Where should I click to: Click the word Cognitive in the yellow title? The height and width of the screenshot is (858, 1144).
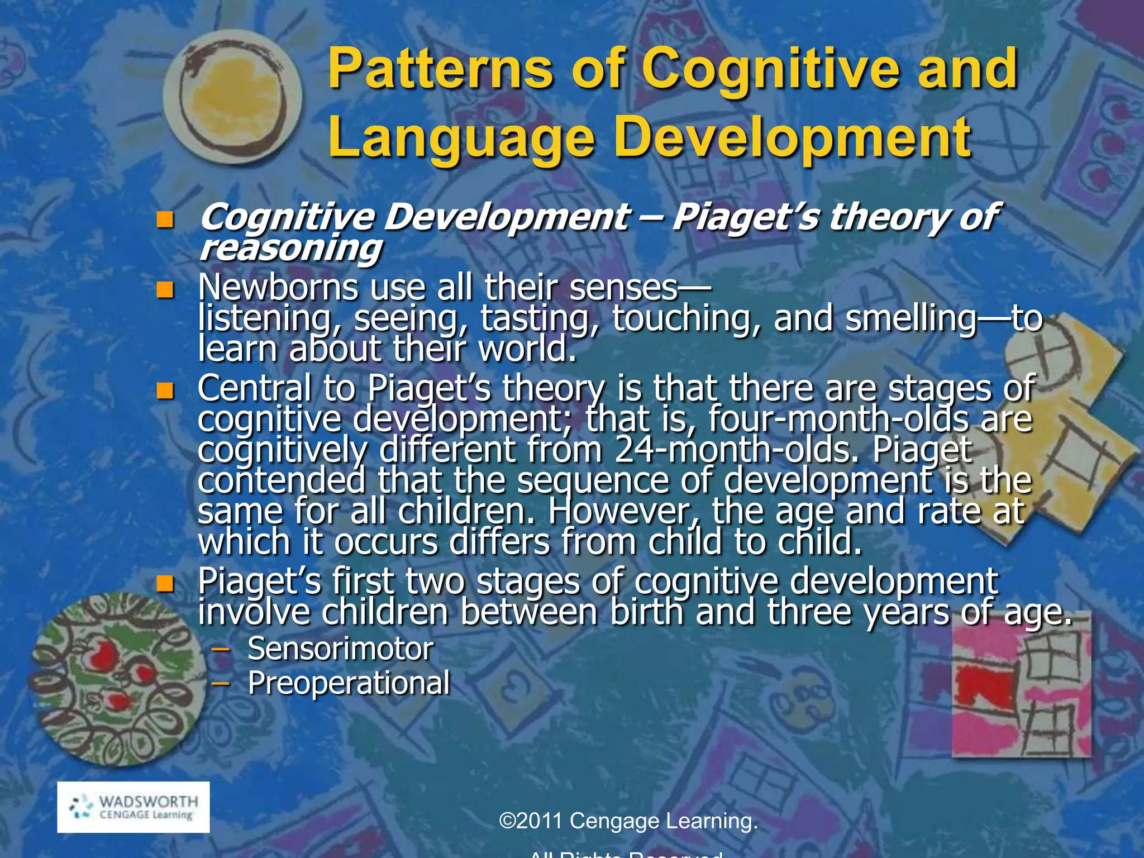click(771, 70)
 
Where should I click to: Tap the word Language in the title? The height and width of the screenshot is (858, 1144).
click(461, 138)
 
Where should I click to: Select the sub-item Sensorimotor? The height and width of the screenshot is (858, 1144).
click(340, 649)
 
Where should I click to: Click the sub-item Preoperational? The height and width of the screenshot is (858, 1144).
click(349, 683)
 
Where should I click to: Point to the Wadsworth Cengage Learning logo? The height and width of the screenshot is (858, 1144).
click(134, 807)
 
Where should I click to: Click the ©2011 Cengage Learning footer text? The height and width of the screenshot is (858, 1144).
click(628, 821)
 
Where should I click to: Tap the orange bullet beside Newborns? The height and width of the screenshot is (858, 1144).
click(165, 289)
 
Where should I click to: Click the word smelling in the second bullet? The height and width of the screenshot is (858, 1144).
click(911, 318)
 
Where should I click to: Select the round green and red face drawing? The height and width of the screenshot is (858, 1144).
click(117, 679)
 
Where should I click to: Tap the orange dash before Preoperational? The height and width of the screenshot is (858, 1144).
click(222, 683)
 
